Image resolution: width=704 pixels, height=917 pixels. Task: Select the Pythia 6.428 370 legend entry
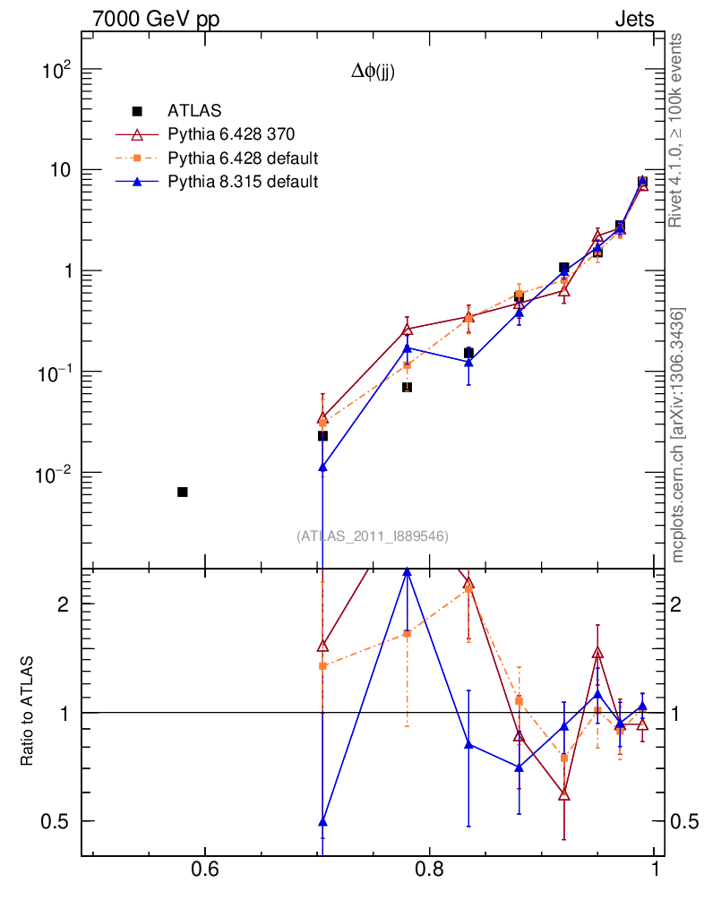point(231,134)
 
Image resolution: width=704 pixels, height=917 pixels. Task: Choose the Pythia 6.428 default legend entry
point(243,159)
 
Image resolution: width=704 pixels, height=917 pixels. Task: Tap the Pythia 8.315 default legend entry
point(242,182)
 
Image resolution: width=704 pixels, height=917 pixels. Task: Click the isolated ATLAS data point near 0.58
point(183,492)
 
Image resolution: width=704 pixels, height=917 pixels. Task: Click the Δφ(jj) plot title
point(373,73)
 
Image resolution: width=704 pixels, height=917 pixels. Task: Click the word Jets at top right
point(633,20)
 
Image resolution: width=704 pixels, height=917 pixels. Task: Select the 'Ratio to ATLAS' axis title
point(27,711)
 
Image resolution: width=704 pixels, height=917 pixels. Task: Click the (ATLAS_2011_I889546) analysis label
point(372,536)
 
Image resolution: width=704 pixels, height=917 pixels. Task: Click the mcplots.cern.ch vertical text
point(678,434)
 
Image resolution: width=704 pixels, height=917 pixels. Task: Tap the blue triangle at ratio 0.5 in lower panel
point(322,821)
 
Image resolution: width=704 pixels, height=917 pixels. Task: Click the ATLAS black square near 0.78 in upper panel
point(407,387)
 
